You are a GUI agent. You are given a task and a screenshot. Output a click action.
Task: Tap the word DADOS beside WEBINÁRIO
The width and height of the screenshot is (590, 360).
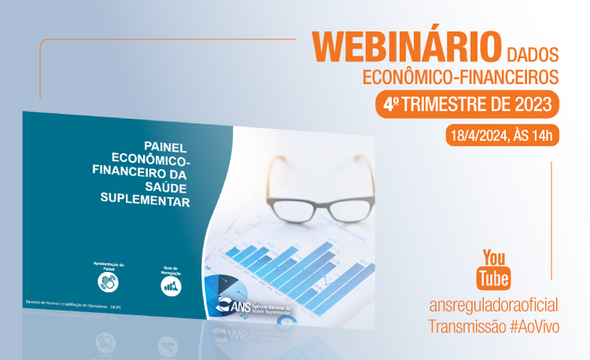[x=533, y=54]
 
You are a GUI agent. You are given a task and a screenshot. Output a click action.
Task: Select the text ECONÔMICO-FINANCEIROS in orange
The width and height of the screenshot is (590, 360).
[x=460, y=77]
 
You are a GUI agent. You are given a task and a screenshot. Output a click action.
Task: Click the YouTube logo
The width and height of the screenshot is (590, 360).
[x=496, y=268]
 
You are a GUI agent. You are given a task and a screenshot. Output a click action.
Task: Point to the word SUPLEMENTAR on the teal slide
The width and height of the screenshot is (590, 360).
[x=146, y=200]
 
